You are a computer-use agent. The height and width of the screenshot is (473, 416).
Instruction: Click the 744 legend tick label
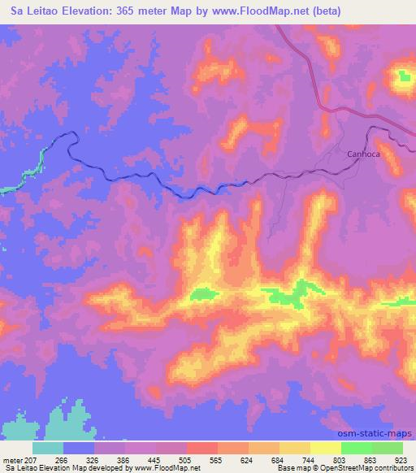click(x=296, y=459)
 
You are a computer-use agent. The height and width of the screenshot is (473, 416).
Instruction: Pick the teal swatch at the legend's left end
click(x=48, y=448)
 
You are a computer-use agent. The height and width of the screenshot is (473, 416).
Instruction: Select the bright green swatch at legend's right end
click(x=388, y=448)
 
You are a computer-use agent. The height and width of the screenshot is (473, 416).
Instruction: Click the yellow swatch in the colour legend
click(x=325, y=448)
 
